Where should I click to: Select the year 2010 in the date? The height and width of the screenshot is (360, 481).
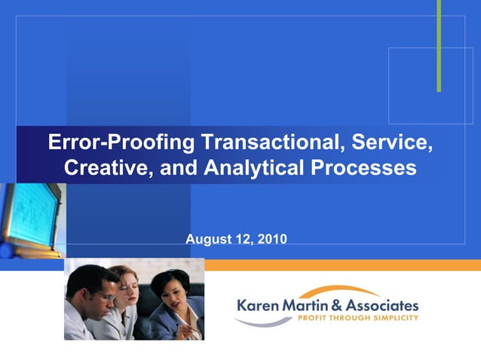(271, 239)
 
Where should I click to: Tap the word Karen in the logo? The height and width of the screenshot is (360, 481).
(260, 306)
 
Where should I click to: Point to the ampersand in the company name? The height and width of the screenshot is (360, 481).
(336, 306)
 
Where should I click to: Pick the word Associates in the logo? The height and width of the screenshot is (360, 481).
(381, 306)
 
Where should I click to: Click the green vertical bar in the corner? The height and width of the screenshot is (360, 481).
(439, 45)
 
